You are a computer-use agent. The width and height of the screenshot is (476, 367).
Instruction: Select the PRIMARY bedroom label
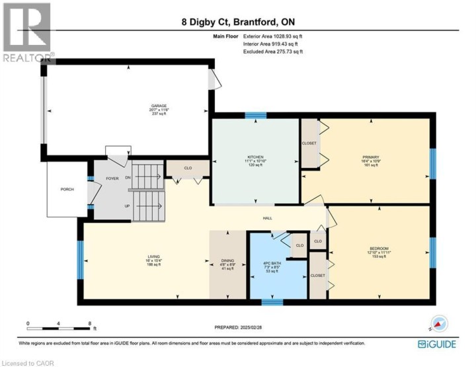coord(369,157)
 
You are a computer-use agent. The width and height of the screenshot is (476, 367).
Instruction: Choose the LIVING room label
coord(153,257)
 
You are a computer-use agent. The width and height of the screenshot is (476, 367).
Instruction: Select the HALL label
coord(268,218)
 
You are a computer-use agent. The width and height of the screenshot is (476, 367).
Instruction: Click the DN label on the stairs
coord(127,177)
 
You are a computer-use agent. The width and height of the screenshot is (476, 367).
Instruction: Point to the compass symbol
coord(437,324)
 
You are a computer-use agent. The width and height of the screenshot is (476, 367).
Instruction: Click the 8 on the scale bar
coord(90,324)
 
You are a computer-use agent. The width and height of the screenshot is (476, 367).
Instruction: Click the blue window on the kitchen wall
coord(255,115)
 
